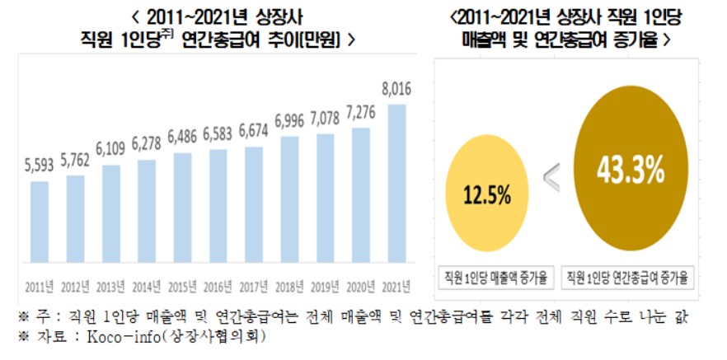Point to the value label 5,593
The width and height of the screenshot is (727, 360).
pos(40,165)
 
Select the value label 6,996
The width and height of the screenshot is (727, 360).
pos(289,121)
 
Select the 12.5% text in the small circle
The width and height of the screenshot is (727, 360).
pos(486,196)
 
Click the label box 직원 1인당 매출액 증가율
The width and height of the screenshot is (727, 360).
pos(496,276)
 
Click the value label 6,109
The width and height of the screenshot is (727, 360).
pos(111,149)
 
